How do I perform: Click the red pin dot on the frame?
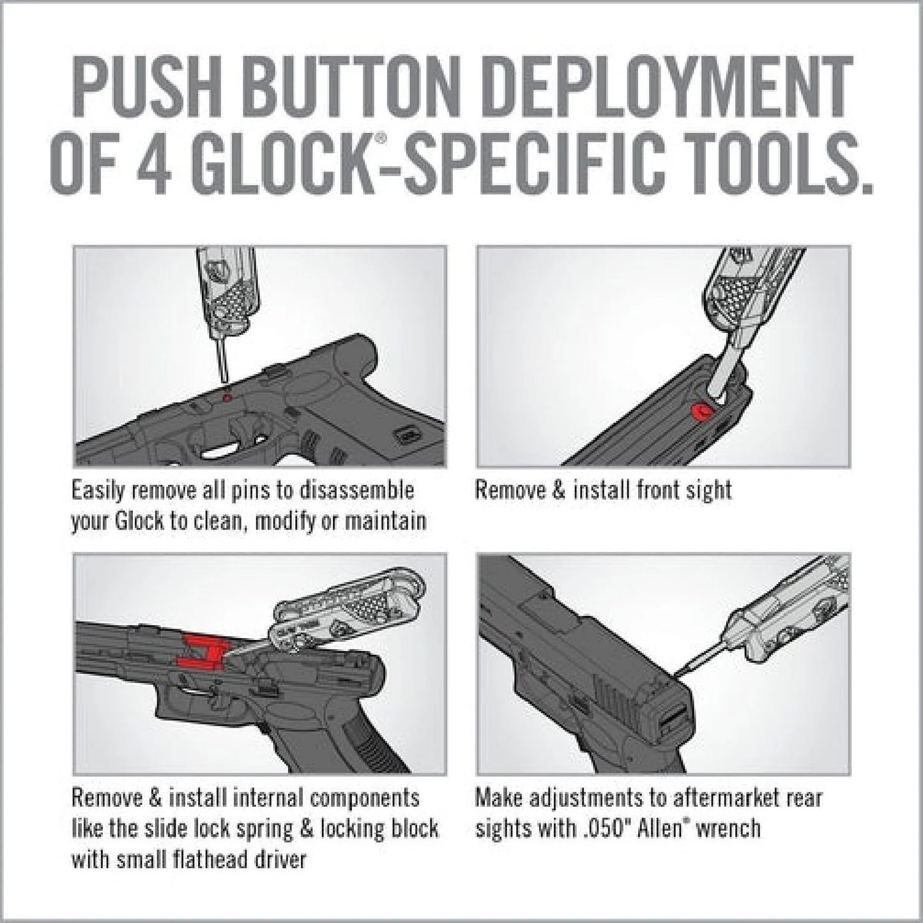click(x=224, y=397)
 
